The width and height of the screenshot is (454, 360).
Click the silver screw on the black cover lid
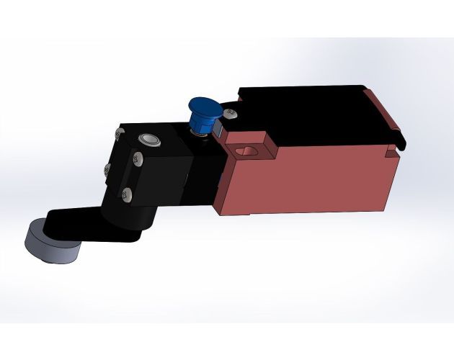point(230,114)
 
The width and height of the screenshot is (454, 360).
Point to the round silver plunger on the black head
point(151,140)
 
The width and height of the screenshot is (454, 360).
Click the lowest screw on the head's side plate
point(127,193)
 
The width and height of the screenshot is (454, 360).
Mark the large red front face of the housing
point(317,180)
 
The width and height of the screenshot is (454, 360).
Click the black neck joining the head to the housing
point(198,173)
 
